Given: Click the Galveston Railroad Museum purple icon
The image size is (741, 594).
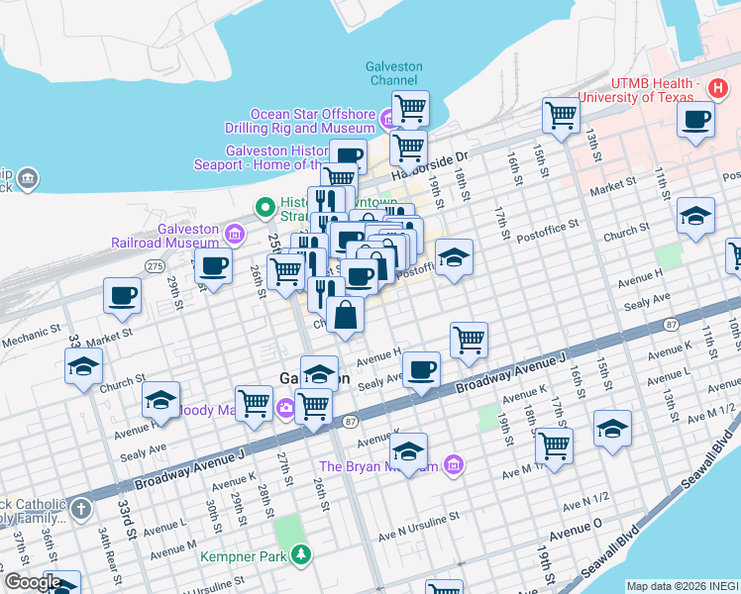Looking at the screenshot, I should click(x=234, y=235).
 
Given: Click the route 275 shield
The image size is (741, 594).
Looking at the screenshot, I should click(x=154, y=266).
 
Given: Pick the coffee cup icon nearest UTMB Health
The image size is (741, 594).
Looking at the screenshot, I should click(x=695, y=120).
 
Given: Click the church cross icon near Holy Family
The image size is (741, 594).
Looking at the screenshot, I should click(x=81, y=510).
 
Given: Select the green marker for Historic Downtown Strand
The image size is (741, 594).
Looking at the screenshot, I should click(x=264, y=208).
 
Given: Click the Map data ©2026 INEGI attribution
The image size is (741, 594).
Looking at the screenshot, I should click(x=683, y=586).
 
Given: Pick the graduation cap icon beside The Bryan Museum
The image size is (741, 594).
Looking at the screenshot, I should click(x=408, y=450).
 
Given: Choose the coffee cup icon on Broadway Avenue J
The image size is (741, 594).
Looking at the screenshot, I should click(x=422, y=369).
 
